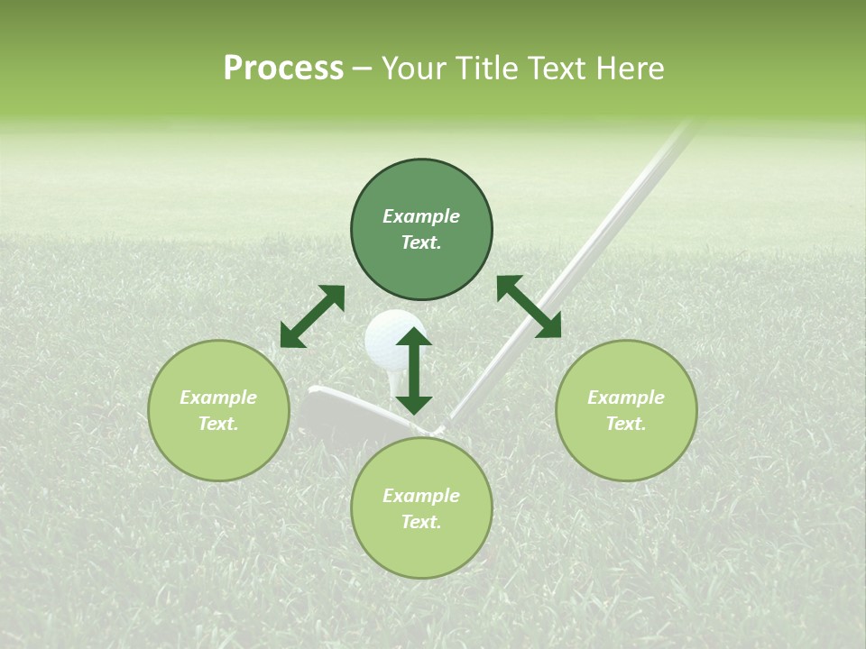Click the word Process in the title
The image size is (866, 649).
[283, 69]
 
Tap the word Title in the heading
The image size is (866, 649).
[492, 69]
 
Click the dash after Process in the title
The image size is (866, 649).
[362, 69]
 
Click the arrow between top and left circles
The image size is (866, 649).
[312, 316]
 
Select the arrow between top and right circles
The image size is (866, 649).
[529, 306]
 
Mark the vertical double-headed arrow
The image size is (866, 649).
[414, 370]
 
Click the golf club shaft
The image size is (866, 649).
[577, 261]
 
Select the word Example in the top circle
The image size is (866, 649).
[421, 216]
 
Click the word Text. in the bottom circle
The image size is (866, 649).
[421, 522]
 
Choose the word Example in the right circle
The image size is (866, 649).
[626, 398]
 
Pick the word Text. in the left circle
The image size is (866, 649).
[218, 424]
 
